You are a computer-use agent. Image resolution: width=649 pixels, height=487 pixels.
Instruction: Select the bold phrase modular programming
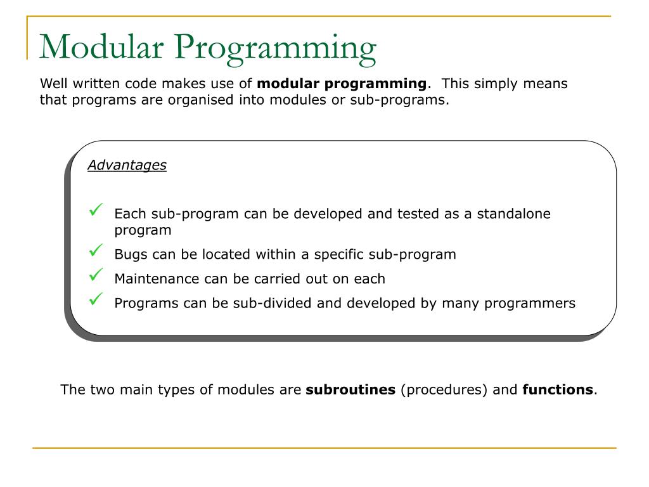pyautogui.click(x=342, y=84)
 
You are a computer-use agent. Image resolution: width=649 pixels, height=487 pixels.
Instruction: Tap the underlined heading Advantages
pyautogui.click(x=127, y=166)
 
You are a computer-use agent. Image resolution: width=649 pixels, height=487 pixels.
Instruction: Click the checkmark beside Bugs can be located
pyautogui.click(x=97, y=252)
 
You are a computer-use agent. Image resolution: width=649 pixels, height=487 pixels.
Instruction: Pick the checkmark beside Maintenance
pyautogui.click(x=97, y=275)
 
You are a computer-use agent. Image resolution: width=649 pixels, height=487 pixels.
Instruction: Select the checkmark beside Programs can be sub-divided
pyautogui.click(x=97, y=299)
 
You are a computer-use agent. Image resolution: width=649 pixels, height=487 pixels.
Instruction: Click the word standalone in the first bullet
pyautogui.click(x=513, y=214)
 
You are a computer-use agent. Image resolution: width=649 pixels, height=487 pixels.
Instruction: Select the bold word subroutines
pyautogui.click(x=350, y=390)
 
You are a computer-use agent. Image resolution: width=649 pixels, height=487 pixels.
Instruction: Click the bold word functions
pyautogui.click(x=558, y=390)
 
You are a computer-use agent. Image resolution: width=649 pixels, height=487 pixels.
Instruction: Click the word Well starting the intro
pyautogui.click(x=53, y=84)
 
